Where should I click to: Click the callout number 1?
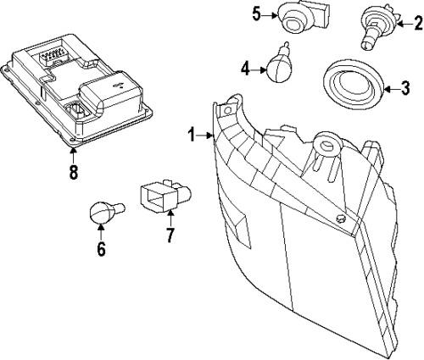click(x=192, y=134)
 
